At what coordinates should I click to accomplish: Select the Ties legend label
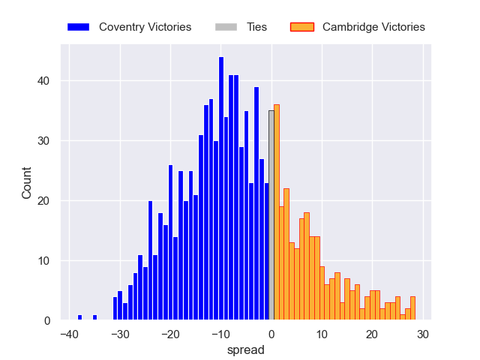click(257, 27)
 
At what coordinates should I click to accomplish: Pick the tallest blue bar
click(221, 189)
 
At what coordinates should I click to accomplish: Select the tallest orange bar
click(277, 213)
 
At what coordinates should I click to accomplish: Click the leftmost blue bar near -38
click(79, 318)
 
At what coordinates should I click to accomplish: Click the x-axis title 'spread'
click(246, 349)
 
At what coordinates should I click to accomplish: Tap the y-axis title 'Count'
click(27, 183)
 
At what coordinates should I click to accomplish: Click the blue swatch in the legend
click(78, 27)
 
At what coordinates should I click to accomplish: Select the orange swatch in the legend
click(301, 27)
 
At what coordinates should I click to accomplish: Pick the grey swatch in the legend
click(226, 27)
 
